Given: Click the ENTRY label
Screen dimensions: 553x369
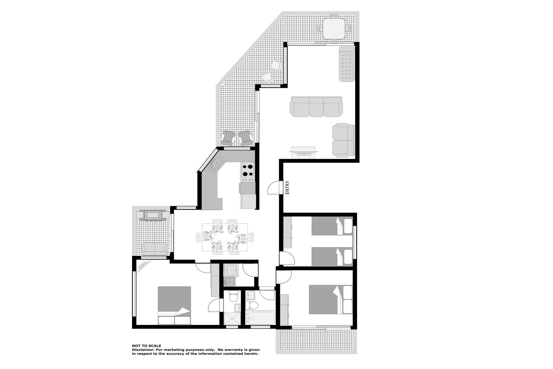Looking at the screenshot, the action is pyautogui.click(x=287, y=187).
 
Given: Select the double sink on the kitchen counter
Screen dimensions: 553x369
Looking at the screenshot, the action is pyautogui.click(x=215, y=164).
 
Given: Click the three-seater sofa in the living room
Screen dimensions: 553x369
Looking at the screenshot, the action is pyautogui.click(x=316, y=107).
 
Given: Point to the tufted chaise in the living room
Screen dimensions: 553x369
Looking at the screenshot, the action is pyautogui.click(x=346, y=64).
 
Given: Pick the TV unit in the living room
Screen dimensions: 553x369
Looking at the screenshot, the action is pyautogui.click(x=304, y=152).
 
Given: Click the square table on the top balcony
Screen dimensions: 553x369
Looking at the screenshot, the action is pyautogui.click(x=334, y=29).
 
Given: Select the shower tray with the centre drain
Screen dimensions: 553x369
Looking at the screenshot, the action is pyautogui.click(x=232, y=319).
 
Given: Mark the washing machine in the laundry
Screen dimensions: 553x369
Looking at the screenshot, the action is pyautogui.click(x=232, y=270).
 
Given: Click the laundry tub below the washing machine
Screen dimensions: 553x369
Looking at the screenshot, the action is pyautogui.click(x=230, y=282).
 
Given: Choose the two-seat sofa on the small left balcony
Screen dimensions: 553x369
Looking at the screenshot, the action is pyautogui.click(x=155, y=249).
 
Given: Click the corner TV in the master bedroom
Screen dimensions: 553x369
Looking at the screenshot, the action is pyautogui.click(x=144, y=266).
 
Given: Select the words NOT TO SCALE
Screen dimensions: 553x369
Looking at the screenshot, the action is pyautogui.click(x=147, y=346).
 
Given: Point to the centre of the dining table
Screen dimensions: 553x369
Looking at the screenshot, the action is pyautogui.click(x=225, y=237).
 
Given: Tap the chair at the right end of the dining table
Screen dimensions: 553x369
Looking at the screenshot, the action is pyautogui.click(x=251, y=238).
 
